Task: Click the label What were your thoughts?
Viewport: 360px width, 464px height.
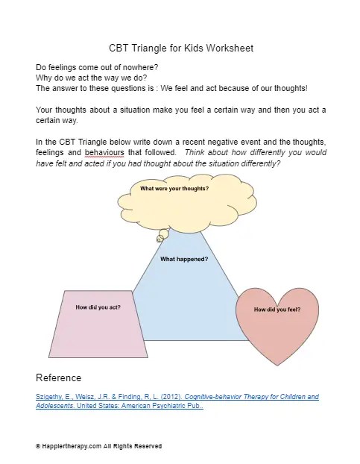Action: coord(174,188)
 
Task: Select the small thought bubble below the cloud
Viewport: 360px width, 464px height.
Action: coord(160,238)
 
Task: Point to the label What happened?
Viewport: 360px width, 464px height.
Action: coord(184,259)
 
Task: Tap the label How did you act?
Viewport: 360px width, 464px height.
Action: coord(98,307)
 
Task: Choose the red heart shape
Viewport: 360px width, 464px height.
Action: coord(277,328)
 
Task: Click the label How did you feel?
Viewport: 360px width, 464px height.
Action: coord(277,309)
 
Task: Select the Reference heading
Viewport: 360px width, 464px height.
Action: coord(58,377)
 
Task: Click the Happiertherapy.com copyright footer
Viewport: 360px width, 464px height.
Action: coord(98,446)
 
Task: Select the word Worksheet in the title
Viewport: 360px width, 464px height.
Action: coord(230,48)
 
